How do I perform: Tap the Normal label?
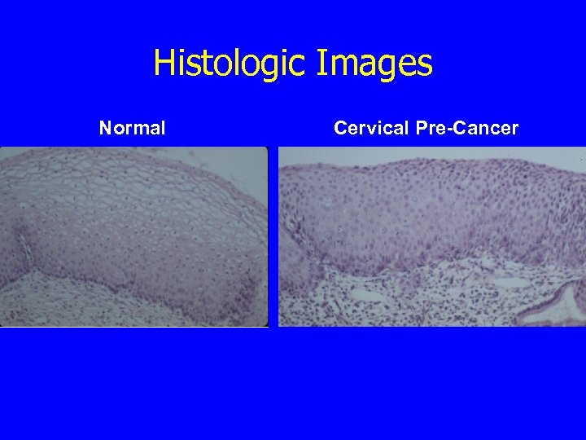click(x=133, y=128)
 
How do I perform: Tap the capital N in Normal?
click(x=105, y=128)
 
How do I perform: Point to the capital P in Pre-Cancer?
click(x=420, y=128)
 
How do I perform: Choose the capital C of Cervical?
click(x=340, y=128)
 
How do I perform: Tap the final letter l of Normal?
click(x=163, y=128)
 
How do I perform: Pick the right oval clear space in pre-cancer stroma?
click(x=514, y=283)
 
